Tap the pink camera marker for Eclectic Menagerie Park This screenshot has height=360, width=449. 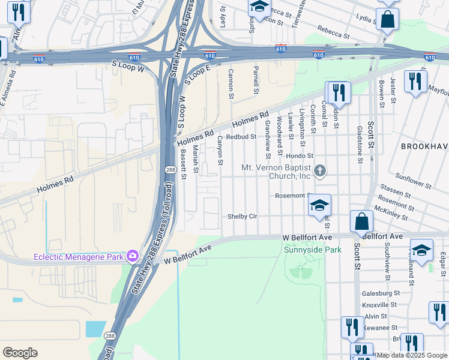132,257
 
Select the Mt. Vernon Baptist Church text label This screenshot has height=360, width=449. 276,172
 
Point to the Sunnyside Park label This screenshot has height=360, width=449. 312,250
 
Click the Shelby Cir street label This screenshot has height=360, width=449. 242,217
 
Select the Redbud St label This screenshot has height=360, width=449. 241,137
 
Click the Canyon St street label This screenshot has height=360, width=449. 220,150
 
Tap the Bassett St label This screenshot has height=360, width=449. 183,164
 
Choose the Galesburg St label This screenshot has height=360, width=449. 381,293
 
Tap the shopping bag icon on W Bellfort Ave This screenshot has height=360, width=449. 363,221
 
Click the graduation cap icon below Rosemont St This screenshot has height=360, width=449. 320,206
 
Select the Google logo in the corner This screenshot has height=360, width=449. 20,353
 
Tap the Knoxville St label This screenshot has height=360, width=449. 381,305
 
